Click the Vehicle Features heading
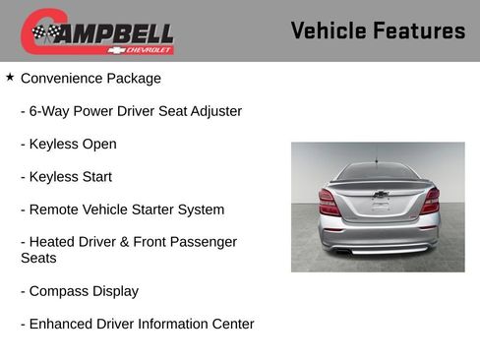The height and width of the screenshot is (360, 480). tap(378, 31)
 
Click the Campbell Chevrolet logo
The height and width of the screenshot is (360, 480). tap(97, 32)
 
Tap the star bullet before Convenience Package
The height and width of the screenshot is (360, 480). tap(10, 77)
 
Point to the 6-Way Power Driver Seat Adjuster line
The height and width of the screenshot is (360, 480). tap(131, 111)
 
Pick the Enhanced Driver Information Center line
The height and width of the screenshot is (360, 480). tap(137, 324)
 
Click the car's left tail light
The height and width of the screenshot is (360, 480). tap(329, 203)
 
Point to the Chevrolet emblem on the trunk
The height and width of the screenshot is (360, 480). tap(380, 195)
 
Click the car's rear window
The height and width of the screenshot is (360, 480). tap(379, 172)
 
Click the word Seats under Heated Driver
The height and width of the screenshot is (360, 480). tap(38, 259)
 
